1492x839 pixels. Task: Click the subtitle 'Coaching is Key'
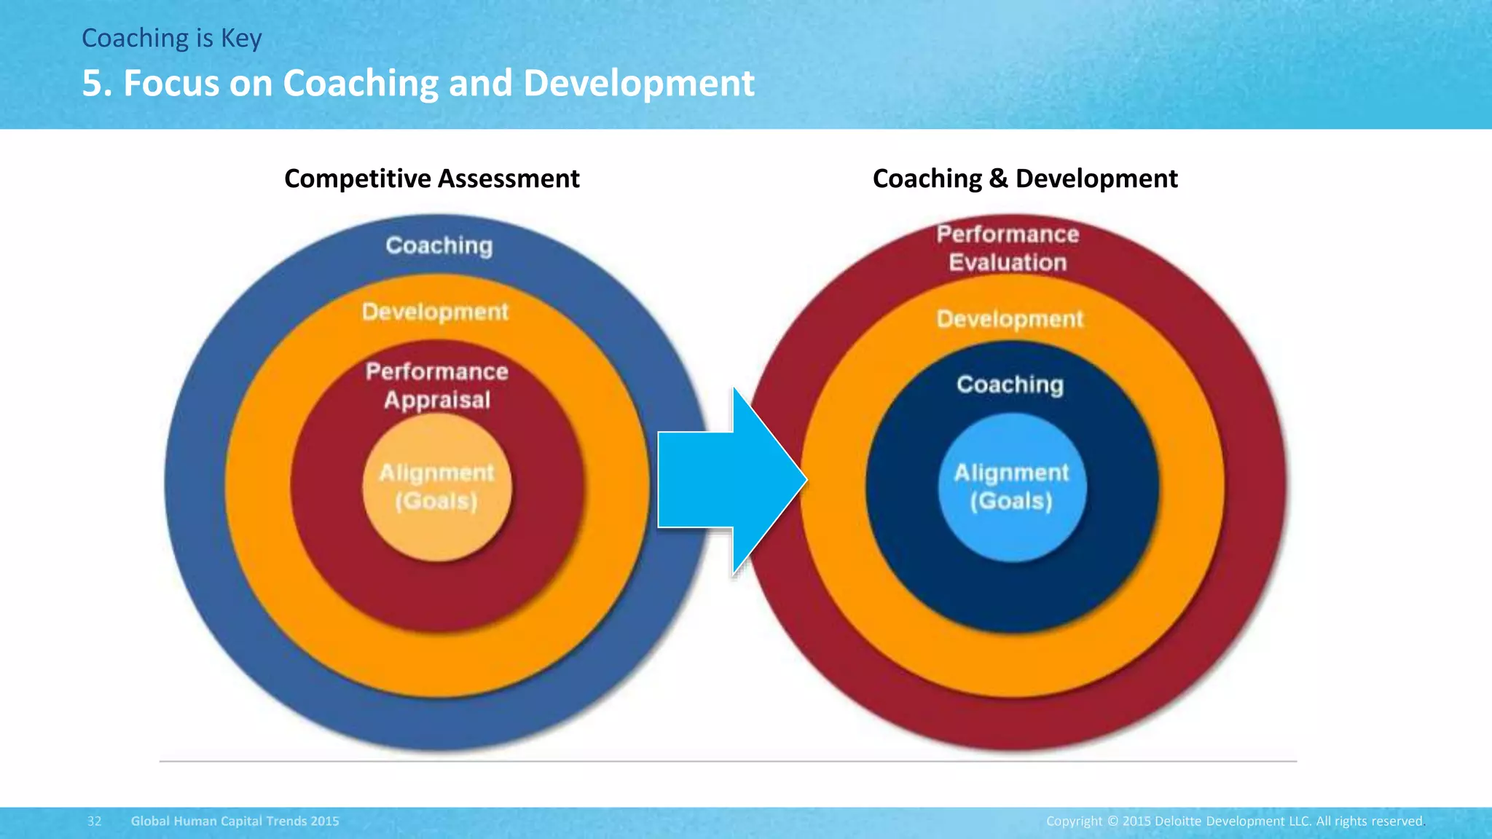point(171,38)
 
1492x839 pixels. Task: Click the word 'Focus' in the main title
point(171,83)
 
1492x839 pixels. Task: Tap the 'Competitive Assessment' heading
point(431,178)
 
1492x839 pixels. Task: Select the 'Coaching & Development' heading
point(1024,178)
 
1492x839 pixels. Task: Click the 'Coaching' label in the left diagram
point(439,245)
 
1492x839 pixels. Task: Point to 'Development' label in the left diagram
point(435,312)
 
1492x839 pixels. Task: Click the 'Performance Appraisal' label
point(437,385)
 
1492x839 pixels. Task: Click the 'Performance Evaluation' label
point(1008,248)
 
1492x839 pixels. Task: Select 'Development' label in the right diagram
point(1010,319)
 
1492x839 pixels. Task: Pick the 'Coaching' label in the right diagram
point(1010,384)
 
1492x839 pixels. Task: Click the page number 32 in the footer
point(95,821)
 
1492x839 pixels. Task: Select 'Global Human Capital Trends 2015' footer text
point(235,821)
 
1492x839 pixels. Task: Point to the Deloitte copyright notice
point(1234,821)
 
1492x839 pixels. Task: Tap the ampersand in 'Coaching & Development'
point(998,178)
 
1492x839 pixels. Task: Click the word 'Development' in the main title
point(638,83)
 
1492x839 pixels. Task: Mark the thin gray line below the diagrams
point(729,761)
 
